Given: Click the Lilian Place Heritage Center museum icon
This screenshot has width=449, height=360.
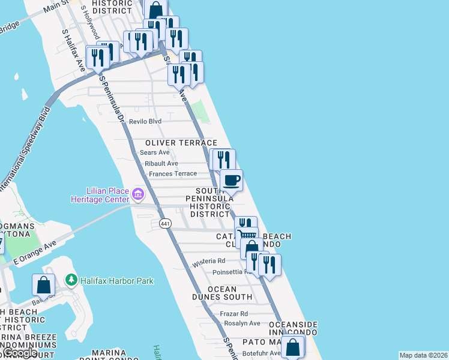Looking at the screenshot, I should tap(138, 194).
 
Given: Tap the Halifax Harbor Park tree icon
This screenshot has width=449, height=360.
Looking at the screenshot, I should tap(71, 280).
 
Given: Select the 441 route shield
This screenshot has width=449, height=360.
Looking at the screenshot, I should tap(166, 223).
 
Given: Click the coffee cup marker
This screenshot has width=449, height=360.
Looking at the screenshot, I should tap(231, 179).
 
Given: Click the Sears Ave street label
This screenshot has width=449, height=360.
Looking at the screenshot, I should tap(155, 152).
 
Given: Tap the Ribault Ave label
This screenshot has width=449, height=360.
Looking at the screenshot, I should tap(159, 163).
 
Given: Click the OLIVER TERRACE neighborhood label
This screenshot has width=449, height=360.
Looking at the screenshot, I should tap(181, 143).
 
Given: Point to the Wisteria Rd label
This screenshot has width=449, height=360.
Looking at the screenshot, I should tap(208, 262).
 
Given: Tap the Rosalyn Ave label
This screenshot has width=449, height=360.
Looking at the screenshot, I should tap(242, 323).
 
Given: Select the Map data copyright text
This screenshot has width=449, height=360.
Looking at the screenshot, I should tap(423, 355).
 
